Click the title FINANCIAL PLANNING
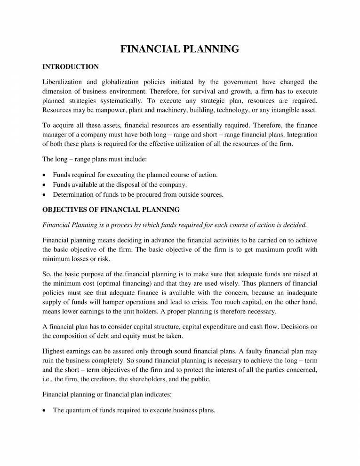pyautogui.click(x=180, y=49)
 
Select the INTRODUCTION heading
pyautogui.click(x=71, y=67)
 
